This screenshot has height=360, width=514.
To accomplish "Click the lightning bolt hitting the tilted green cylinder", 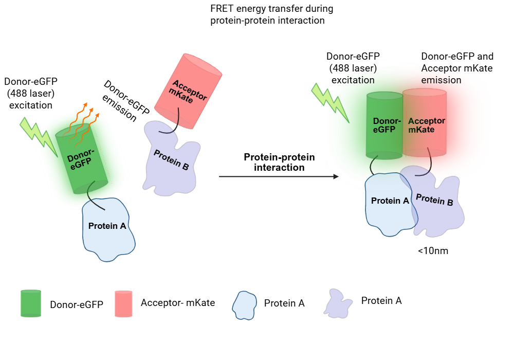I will [x=39, y=135].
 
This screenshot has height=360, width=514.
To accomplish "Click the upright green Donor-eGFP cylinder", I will [x=384, y=125].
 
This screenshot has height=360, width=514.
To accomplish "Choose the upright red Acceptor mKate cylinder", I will [x=425, y=123].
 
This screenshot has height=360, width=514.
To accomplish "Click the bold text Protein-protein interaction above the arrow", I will [x=279, y=162].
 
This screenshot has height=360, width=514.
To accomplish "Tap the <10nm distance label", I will [x=430, y=251].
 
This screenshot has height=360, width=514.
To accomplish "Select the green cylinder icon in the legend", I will [x=31, y=303].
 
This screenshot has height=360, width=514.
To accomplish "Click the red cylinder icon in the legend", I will [x=125, y=303].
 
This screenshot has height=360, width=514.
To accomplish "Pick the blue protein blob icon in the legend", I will [x=245, y=304].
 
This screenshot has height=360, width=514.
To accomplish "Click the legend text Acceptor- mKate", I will [x=178, y=303].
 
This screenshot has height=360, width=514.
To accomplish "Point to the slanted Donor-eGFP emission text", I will [x=122, y=101].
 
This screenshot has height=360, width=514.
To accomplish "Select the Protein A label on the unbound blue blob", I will [x=107, y=226].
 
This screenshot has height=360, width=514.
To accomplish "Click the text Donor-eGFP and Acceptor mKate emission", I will [x=457, y=68].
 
